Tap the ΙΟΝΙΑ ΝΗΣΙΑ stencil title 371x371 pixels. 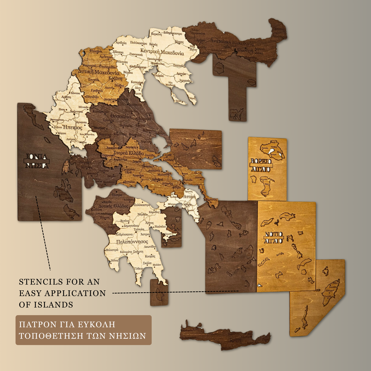[x=36, y=161]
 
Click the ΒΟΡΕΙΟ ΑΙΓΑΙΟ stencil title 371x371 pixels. [x=261, y=165]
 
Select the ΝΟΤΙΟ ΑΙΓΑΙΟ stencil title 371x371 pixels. [x=274, y=237]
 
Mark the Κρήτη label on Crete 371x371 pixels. [x=235, y=340]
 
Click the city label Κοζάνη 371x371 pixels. [x=115, y=78]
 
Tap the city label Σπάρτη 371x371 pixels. [x=138, y=252]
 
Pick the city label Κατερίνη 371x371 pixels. [x=137, y=82]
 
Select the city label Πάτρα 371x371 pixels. [x=117, y=195]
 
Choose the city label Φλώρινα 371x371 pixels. [x=96, y=51]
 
